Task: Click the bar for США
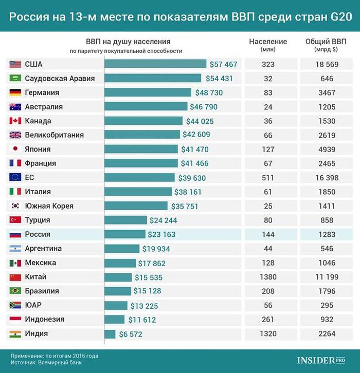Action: click(155, 64)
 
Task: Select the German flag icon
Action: click(15, 93)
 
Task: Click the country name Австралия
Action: click(44, 107)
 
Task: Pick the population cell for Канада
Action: click(268, 121)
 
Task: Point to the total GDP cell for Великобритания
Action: click(326, 135)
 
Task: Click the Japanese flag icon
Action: click(15, 150)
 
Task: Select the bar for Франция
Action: click(141, 163)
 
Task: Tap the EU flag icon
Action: click(15, 178)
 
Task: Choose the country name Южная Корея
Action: click(49, 206)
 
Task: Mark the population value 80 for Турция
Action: click(268, 220)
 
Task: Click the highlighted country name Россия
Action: click(38, 234)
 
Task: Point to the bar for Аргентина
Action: click(122, 249)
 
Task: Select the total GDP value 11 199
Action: click(326, 277)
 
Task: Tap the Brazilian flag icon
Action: click(15, 291)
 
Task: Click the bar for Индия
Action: click(110, 334)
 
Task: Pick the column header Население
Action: click(268, 42)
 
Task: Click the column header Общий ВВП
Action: click(326, 42)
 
